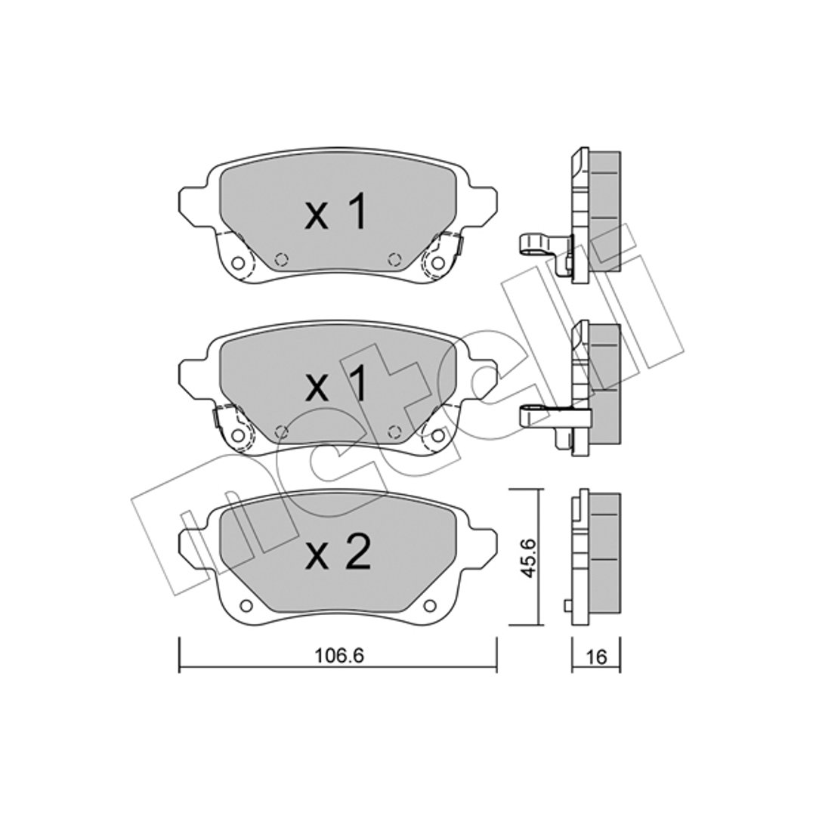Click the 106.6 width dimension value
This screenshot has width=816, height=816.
339,657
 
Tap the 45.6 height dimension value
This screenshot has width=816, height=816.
529,558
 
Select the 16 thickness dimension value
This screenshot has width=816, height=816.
596,657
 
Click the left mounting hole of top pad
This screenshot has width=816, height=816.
237,264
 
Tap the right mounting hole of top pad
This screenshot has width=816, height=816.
438,264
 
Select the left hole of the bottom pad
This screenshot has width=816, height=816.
246,606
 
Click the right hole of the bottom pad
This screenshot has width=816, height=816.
429,606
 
